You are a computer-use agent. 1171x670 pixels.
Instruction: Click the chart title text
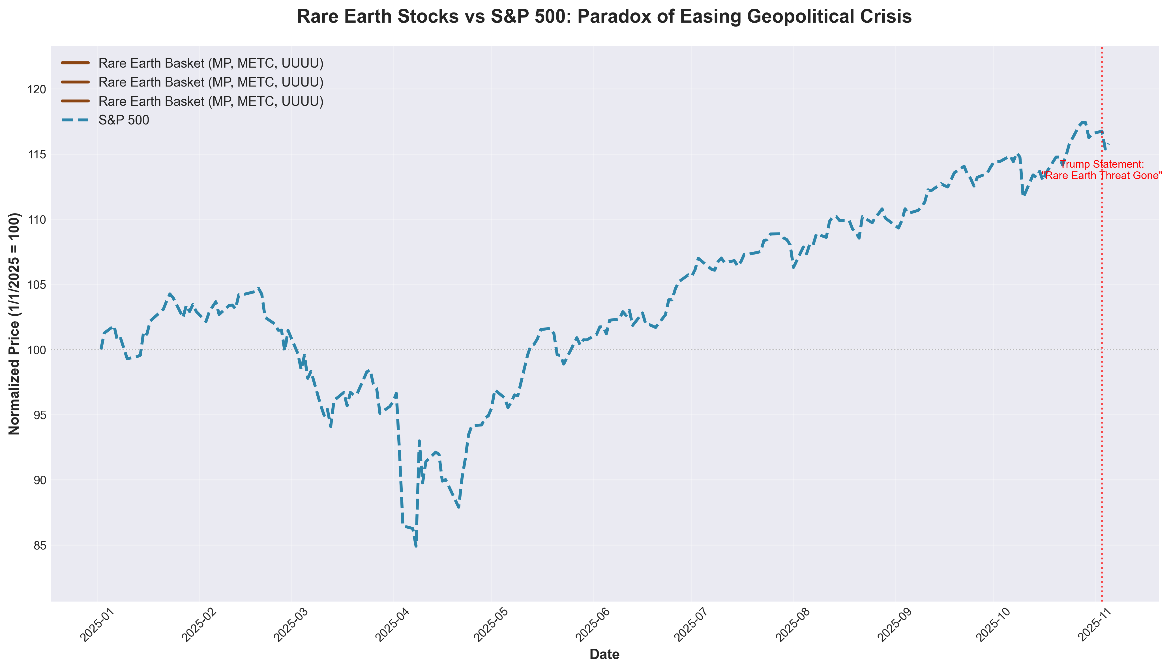pos(604,17)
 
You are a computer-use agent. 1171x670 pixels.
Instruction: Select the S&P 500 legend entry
pos(123,120)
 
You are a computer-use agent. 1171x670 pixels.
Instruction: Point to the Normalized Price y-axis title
pos(15,324)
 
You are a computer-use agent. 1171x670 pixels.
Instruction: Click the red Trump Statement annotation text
pos(1101,170)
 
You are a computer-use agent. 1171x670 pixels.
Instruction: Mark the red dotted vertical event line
pos(1101,368)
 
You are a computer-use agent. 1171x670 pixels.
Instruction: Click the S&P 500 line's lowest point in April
pos(416,546)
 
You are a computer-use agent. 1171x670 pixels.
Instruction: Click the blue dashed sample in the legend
pos(75,120)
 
